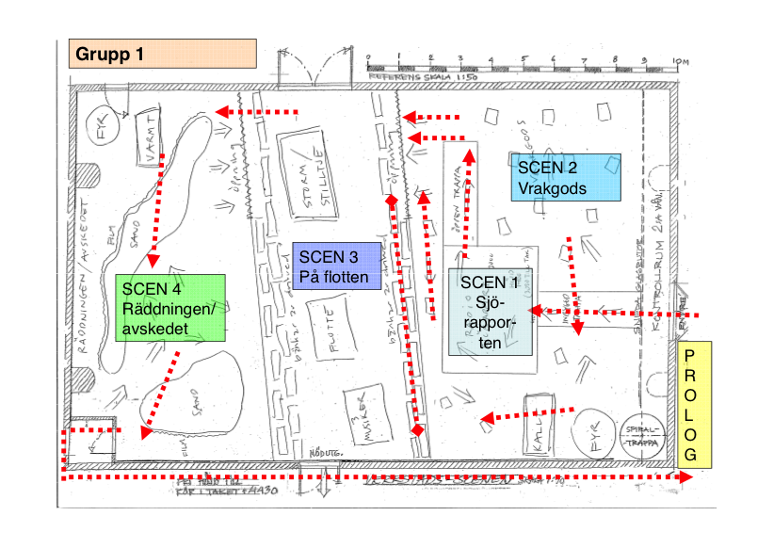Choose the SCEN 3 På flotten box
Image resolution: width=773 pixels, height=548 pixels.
(337, 265)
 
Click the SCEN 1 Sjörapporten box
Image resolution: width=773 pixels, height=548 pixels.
(490, 311)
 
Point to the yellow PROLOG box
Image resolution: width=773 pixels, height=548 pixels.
(695, 404)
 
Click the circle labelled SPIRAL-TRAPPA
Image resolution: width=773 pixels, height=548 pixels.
(645, 434)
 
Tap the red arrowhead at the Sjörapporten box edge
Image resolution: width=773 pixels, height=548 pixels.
(533, 310)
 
